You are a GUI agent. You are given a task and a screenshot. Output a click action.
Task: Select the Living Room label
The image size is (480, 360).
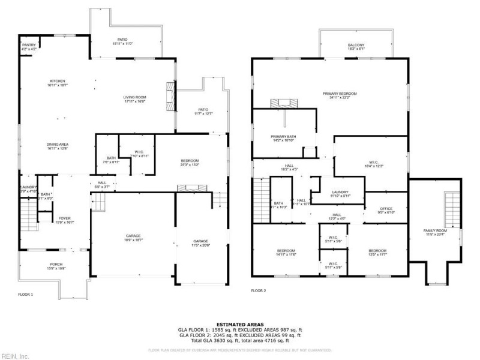(x=135, y=98)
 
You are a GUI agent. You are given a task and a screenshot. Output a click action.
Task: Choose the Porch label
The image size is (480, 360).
(x=56, y=266)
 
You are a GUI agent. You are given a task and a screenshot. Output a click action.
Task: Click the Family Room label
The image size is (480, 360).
(x=436, y=232)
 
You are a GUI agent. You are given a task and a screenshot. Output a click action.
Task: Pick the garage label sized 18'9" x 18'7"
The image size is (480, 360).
(x=133, y=237)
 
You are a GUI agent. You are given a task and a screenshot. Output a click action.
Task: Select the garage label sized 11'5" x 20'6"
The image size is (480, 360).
(x=201, y=242)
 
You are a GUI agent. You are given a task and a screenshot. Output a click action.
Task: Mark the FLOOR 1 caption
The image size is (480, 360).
(x=25, y=295)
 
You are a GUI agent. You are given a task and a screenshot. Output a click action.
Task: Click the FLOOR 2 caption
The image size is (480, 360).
(x=258, y=290)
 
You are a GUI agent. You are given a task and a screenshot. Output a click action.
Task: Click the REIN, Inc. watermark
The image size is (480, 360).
(x=15, y=356)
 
